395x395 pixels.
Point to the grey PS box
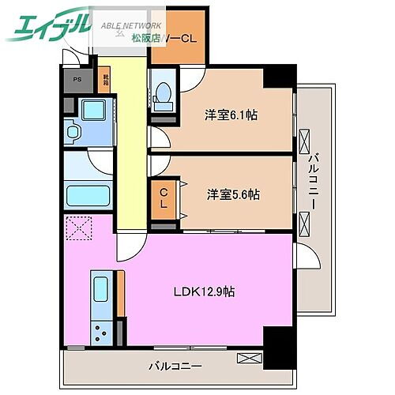pos(77,79)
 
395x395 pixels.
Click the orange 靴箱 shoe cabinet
pos(105,80)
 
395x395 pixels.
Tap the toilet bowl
pos(163,96)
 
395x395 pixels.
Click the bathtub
pos(89,195)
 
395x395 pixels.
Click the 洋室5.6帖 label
pos(234,194)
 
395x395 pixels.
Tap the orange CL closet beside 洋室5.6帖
pos(163,197)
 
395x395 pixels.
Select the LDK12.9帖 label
pos(204,292)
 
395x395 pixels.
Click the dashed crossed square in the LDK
pos(78,229)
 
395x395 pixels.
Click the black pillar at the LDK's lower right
pos(277,344)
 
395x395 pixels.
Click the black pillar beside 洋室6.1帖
pos(278,77)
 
